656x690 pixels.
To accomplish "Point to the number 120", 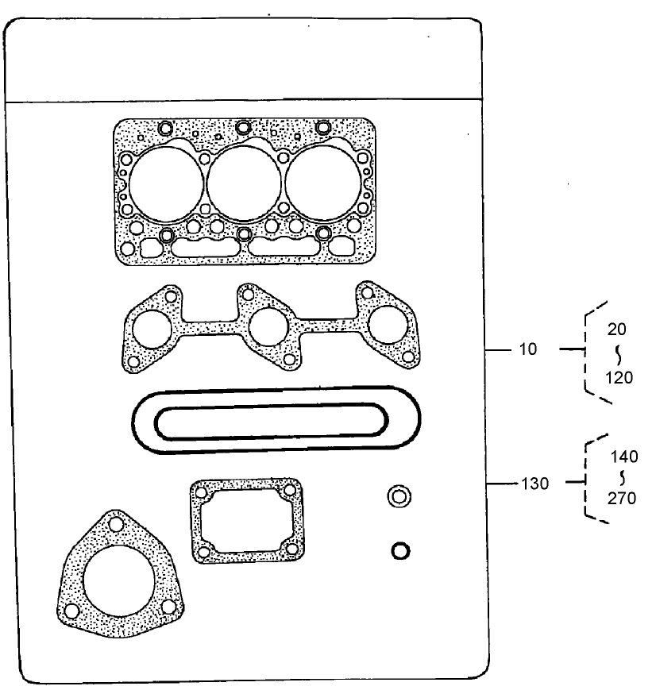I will point(618,378).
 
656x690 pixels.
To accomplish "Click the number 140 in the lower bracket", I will point(624,457).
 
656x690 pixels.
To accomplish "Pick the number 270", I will point(624,499).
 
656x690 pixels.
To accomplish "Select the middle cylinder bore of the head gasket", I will point(242,183).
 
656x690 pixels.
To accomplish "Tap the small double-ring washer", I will point(399,497).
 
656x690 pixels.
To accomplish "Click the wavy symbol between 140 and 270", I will point(623,478).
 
